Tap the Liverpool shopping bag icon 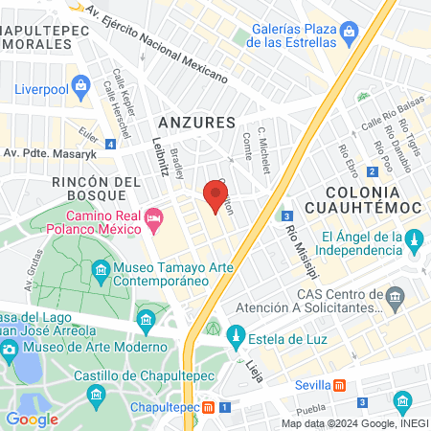pos(83,90)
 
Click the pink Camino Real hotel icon pos(154,222)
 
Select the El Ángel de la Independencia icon pos(415,238)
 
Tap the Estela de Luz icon pos(235,335)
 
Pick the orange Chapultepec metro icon pos(209,407)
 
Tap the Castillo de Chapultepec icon pos(96,394)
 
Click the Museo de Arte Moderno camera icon pos(10,347)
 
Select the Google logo pos(32,419)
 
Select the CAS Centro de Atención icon pos(394,304)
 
